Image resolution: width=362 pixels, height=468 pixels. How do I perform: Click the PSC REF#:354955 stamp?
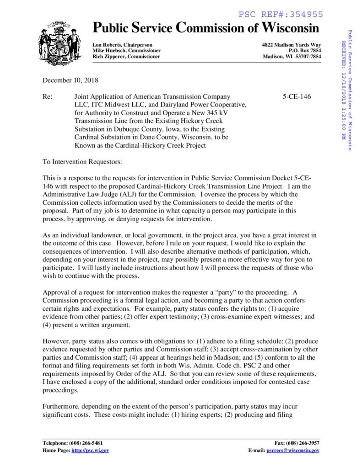click(281, 15)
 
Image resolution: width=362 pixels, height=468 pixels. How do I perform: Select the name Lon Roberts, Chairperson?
click(122, 44)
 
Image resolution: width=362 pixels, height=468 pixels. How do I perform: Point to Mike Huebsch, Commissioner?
click(126, 50)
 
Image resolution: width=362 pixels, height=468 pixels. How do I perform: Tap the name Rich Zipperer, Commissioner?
click(126, 56)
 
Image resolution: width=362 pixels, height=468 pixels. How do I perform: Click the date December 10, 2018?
click(70, 80)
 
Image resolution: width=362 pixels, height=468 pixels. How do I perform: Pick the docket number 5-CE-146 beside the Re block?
click(297, 97)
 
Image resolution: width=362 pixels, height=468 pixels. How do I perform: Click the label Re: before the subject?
click(48, 97)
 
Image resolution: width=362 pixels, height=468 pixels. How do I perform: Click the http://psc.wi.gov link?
click(90, 450)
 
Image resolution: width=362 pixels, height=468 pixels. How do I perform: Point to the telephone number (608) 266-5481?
click(86, 443)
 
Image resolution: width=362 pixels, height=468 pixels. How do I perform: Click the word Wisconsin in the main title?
click(291, 28)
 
